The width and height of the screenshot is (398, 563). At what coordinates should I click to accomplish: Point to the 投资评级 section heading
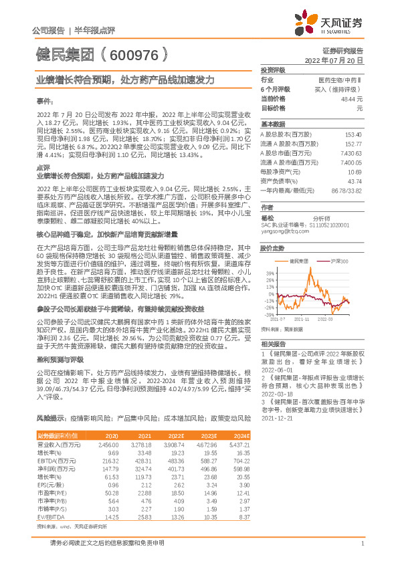click(273, 70)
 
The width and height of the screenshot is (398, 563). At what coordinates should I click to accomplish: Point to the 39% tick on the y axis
click(268, 273)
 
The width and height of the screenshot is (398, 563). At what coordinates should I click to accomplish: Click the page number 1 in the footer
click(361, 551)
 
